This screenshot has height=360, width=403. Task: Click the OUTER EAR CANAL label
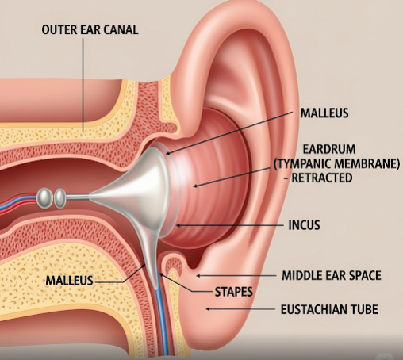point(90,29)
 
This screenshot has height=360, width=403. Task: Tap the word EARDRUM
point(329,149)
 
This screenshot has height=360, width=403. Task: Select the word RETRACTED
point(321,178)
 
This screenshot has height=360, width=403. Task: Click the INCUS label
point(304,225)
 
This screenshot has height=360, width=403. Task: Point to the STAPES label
point(234,292)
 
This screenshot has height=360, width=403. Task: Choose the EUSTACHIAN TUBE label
point(329,309)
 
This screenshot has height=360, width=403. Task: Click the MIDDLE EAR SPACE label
point(332,275)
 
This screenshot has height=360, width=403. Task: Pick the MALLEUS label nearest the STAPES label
point(69,281)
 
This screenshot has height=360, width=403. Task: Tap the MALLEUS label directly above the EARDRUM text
point(324,113)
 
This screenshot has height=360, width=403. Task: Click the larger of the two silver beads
point(44,198)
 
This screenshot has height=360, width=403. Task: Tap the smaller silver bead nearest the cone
point(59,198)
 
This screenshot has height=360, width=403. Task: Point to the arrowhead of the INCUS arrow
point(178,225)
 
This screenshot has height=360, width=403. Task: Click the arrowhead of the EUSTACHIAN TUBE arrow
point(209,308)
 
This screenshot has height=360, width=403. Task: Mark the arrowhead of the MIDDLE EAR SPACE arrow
point(198,276)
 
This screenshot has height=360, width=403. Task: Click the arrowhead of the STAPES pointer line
point(161,275)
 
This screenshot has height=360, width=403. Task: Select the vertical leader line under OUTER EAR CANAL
point(83,85)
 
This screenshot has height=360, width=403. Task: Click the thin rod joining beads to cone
point(78,197)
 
